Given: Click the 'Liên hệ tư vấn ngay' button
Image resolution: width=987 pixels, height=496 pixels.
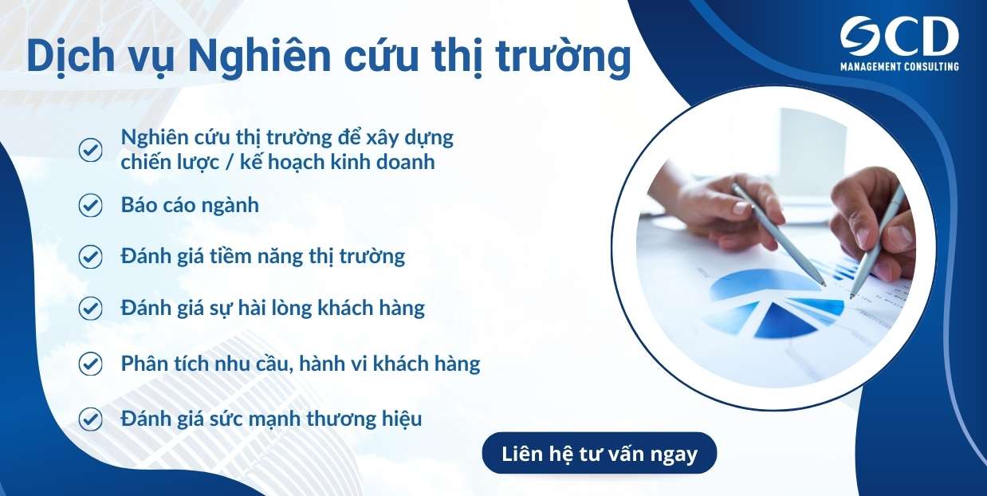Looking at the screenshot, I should tap(600, 454).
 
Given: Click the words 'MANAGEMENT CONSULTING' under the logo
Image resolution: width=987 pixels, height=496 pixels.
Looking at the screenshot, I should tap(899, 67).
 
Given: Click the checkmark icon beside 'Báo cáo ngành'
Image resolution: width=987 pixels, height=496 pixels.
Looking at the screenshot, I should tap(90, 205).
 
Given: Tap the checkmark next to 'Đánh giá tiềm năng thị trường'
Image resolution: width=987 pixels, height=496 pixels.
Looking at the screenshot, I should tap(90, 257).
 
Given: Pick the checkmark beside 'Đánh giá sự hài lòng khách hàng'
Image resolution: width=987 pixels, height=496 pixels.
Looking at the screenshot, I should tap(90, 308).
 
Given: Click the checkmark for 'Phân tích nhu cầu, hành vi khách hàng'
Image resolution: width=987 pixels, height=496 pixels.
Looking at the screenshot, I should tap(90, 364).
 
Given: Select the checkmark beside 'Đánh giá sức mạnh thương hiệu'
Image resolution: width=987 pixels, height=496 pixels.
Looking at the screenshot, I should tap(90, 418).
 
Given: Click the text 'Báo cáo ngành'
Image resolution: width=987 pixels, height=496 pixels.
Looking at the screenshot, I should tap(190, 205).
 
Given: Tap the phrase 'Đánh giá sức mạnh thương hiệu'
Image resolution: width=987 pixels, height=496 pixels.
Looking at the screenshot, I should tap(271, 418).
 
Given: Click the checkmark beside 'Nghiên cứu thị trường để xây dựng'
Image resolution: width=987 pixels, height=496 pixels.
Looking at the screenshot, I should tap(90, 150).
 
